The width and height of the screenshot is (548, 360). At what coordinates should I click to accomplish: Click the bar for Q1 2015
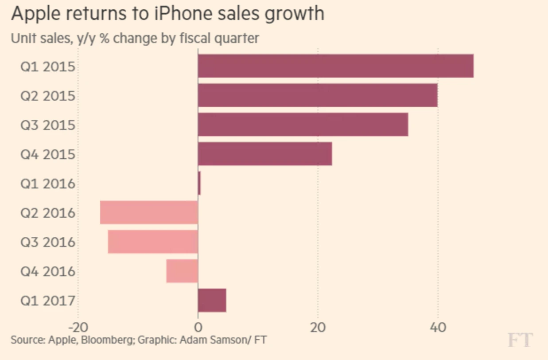tap(335, 66)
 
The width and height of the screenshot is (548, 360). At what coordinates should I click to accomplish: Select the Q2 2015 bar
tap(318, 95)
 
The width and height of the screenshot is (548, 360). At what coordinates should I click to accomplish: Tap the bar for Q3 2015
tap(303, 124)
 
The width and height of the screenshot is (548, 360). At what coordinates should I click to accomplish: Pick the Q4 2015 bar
tap(265, 153)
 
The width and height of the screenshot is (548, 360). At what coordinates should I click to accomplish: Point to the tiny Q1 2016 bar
tap(199, 183)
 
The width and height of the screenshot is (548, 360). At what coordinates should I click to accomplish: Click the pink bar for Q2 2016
tap(149, 212)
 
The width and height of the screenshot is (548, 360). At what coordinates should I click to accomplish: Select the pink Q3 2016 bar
tap(153, 241)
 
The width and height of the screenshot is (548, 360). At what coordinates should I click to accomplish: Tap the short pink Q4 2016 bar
tap(182, 270)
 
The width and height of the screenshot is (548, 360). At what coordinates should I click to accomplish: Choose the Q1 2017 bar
tap(212, 300)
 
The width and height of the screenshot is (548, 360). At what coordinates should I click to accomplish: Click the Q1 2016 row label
tap(48, 184)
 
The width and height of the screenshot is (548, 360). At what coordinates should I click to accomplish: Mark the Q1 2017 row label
tap(48, 301)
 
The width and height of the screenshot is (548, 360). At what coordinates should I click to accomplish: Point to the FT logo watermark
tap(520, 340)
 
